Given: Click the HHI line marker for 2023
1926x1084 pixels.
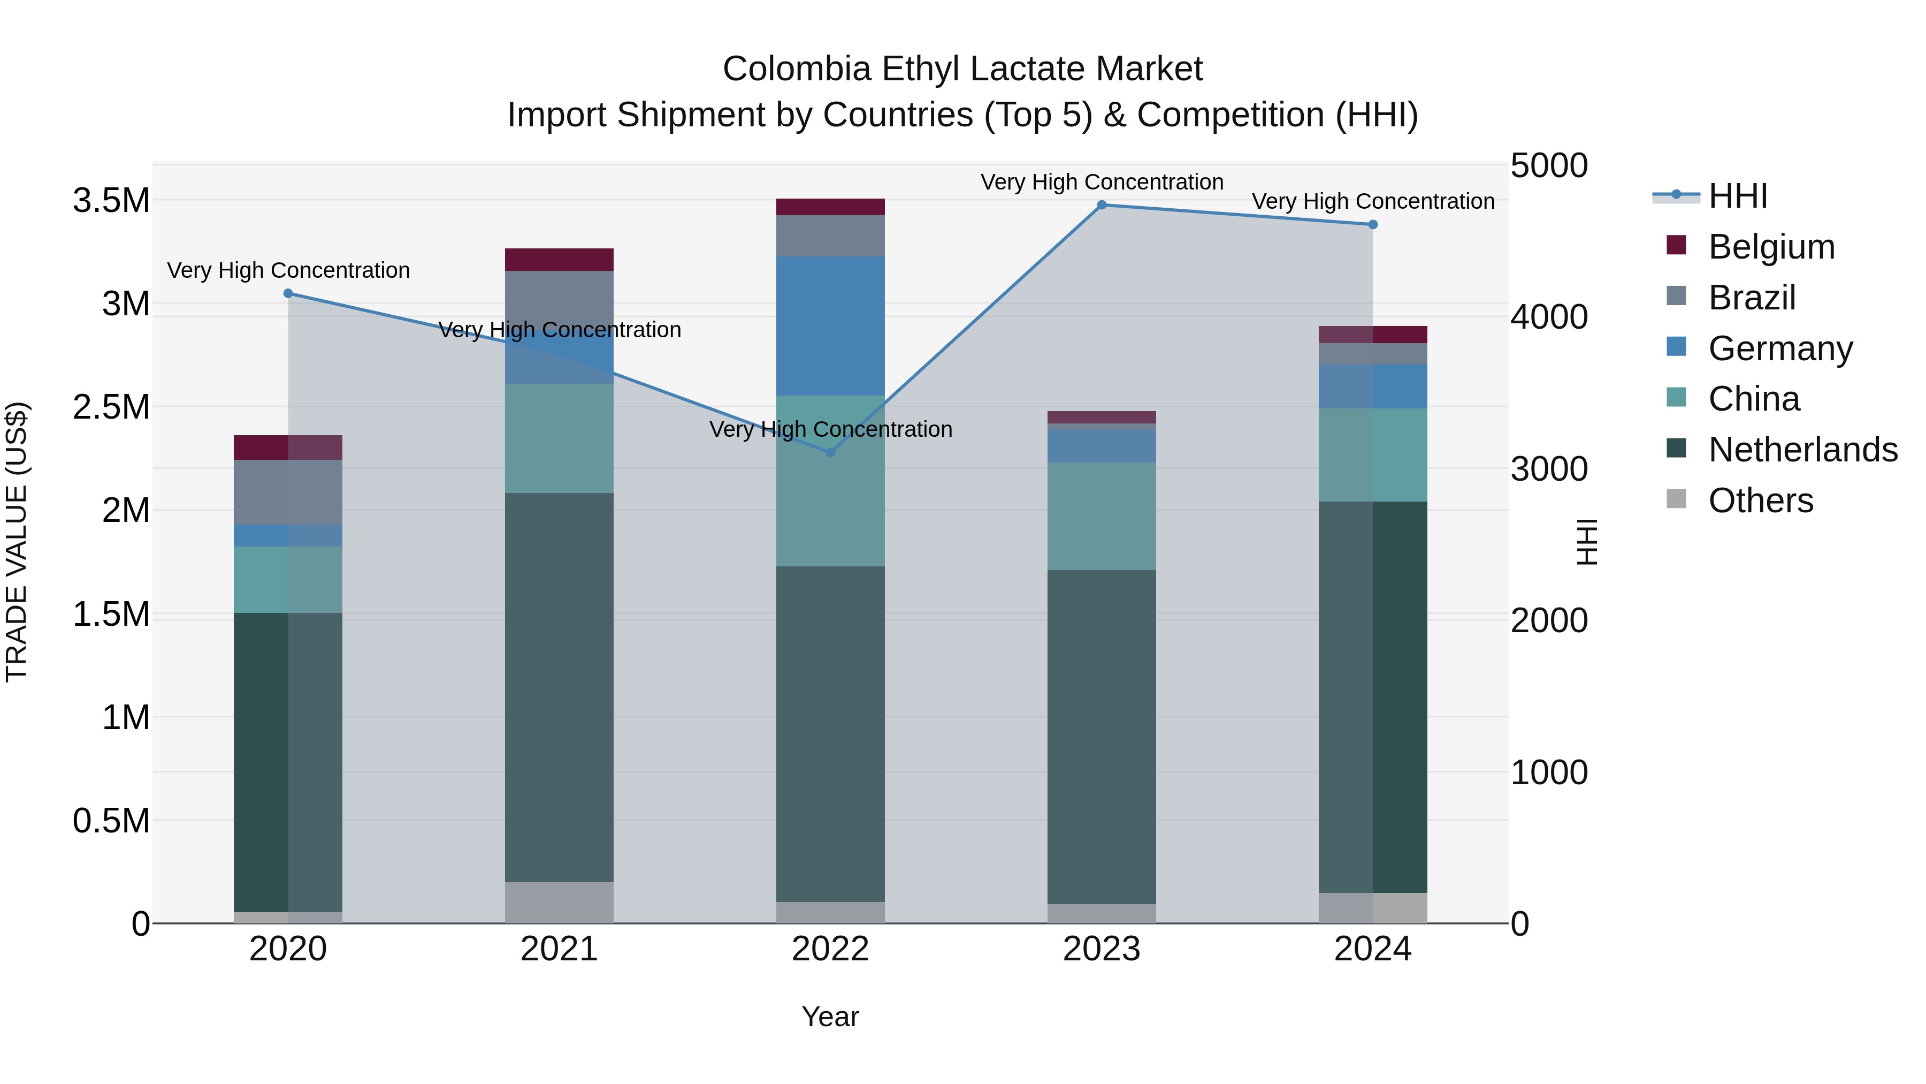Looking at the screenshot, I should coord(1102,205).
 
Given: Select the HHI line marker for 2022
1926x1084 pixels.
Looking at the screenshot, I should coord(830,452).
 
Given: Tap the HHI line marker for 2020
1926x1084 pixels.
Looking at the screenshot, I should coord(288,293).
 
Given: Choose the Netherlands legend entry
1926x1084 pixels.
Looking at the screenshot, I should coord(1802,450).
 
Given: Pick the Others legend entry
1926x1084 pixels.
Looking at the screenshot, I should coord(1760,501).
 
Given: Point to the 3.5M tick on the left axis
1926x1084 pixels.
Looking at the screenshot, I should coord(111,201).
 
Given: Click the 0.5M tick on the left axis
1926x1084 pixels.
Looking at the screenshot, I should coord(111,821).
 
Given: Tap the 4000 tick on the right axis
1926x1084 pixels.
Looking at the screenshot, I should coord(1548,317).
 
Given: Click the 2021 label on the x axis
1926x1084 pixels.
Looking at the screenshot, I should coord(559,949).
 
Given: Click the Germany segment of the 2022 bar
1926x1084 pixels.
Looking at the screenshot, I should coord(830,325).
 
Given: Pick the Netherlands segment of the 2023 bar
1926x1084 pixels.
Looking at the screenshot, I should coord(1102,737).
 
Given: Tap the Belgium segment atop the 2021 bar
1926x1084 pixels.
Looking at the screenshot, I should coord(559,259).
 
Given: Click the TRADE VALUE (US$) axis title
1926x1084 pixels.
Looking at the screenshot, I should coord(17,542).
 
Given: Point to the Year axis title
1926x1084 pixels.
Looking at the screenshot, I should coord(830,1017).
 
